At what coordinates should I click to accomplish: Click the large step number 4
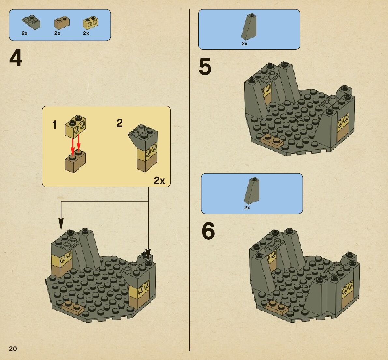pyautogui.click(x=16, y=58)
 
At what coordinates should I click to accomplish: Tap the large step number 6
pyautogui.click(x=208, y=231)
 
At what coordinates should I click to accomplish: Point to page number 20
pyautogui.click(x=13, y=349)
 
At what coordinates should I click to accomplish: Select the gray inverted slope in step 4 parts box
pyautogui.click(x=31, y=22)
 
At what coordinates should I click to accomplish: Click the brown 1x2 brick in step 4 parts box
pyautogui.click(x=62, y=22)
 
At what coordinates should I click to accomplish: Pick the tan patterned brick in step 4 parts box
pyautogui.click(x=91, y=22)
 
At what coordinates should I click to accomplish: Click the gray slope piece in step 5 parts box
pyautogui.click(x=249, y=27)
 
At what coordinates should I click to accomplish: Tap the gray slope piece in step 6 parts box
pyautogui.click(x=252, y=190)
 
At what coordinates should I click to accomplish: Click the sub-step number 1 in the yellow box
pyautogui.click(x=55, y=125)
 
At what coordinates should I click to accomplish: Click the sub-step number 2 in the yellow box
pyautogui.click(x=120, y=123)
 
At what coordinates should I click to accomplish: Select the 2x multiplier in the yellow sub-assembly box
pyautogui.click(x=159, y=181)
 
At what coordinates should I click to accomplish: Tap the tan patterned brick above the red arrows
pyautogui.click(x=75, y=126)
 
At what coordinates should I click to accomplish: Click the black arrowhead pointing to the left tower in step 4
pyautogui.click(x=61, y=224)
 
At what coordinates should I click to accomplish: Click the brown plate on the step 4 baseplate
pyautogui.click(x=73, y=308)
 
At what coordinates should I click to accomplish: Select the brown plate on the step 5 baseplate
pyautogui.click(x=272, y=141)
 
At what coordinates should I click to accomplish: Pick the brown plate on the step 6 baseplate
pyautogui.click(x=277, y=308)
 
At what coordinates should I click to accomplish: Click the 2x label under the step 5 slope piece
pyautogui.click(x=244, y=44)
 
